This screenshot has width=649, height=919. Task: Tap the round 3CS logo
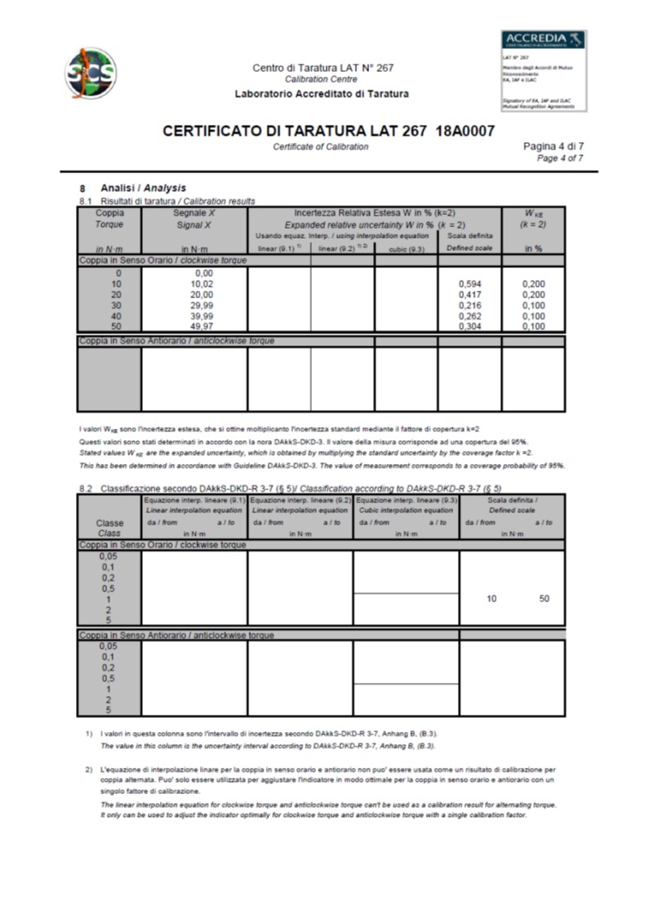click(91, 73)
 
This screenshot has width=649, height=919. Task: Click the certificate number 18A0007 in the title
click(459, 132)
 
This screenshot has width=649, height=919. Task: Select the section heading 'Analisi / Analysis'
click(143, 189)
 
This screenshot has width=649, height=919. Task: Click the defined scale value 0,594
click(469, 283)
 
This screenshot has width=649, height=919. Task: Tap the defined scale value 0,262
click(469, 316)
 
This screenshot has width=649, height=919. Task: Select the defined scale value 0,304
click(469, 327)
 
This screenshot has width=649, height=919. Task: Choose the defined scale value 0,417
click(469, 294)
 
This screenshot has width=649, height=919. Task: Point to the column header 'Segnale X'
click(193, 212)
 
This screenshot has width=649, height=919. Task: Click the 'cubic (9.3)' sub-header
click(406, 248)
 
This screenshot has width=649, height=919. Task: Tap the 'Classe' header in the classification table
click(109, 522)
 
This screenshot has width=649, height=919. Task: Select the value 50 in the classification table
click(544, 599)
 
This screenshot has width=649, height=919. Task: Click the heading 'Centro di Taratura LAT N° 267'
click(322, 68)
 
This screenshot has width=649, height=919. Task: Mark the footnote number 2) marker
click(88, 770)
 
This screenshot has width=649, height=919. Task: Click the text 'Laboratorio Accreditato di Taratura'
click(322, 94)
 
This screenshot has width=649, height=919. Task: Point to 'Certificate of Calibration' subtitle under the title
click(320, 147)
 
